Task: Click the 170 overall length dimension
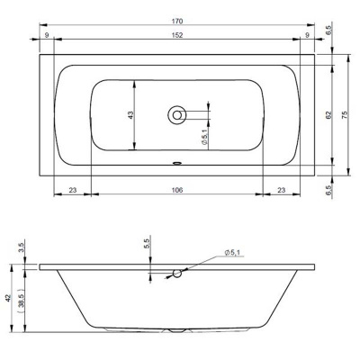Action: coord(177,22)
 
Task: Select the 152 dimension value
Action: coord(177,35)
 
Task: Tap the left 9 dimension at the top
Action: coord(47,35)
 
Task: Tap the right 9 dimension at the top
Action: coord(307,35)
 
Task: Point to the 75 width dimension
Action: coord(345,114)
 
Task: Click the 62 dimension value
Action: coord(328,114)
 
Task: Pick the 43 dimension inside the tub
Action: coord(130,115)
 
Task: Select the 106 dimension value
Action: coord(177,190)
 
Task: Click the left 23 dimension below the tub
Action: coord(73,190)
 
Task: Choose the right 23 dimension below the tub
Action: coord(282,190)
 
